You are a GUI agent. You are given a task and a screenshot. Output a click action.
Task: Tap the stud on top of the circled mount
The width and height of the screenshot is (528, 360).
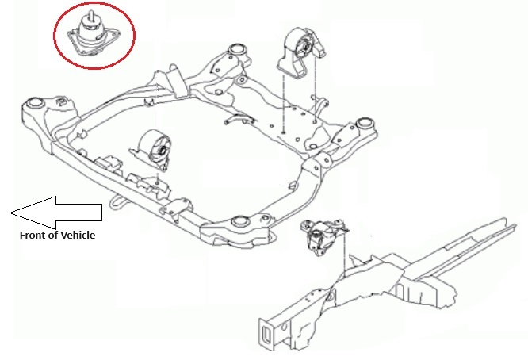(x=90, y=16)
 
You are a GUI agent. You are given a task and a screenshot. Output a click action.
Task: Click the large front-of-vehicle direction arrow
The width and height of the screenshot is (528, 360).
(x=56, y=213)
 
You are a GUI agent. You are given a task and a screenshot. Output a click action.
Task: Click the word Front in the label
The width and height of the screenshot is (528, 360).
(x=31, y=235)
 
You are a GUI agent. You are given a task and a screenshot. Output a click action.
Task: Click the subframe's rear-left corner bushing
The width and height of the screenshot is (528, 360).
(x=237, y=49)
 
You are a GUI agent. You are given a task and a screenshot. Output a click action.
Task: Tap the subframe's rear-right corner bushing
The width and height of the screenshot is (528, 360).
(x=363, y=123)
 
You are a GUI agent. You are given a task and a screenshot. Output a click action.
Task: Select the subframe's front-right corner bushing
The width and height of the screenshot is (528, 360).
(x=240, y=221)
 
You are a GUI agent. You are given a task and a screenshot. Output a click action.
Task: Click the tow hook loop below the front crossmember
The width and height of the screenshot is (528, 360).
(x=118, y=203)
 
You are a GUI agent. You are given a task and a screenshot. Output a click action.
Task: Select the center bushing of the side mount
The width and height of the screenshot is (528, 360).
(x=316, y=234)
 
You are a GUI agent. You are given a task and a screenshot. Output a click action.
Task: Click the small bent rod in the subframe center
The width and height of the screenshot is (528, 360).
(x=239, y=119)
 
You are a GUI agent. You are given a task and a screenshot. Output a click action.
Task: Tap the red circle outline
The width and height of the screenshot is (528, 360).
(x=54, y=36)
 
